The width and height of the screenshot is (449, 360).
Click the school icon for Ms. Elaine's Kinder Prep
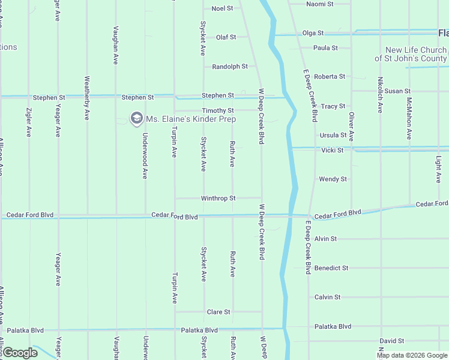pyautogui.click(x=137, y=119)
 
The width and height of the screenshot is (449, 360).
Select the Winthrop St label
pyautogui.click(x=218, y=198)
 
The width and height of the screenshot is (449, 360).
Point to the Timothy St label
pyautogui.click(x=218, y=111)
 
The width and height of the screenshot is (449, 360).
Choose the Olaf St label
pyautogui.click(x=226, y=37)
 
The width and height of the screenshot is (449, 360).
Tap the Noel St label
pyautogui.click(x=222, y=8)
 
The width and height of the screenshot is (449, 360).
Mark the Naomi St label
pyautogui.click(x=319, y=4)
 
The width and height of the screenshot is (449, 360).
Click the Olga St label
pyautogui.click(x=313, y=33)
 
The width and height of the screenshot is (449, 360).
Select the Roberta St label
pyautogui.click(x=330, y=77)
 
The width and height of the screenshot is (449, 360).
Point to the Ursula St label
pyautogui.click(x=333, y=136)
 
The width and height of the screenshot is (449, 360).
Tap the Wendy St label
pyautogui.click(x=333, y=179)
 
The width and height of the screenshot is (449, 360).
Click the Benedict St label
pyautogui.click(x=331, y=268)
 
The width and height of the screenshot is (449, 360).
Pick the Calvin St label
pyautogui.click(x=327, y=297)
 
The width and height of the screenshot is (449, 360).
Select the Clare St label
pyautogui.click(x=218, y=312)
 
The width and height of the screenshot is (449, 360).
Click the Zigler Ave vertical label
pyautogui.click(x=29, y=122)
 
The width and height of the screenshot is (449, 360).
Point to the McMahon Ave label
pyautogui.click(x=409, y=118)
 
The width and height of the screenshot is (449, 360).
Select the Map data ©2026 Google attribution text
pyautogui.click(x=411, y=355)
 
